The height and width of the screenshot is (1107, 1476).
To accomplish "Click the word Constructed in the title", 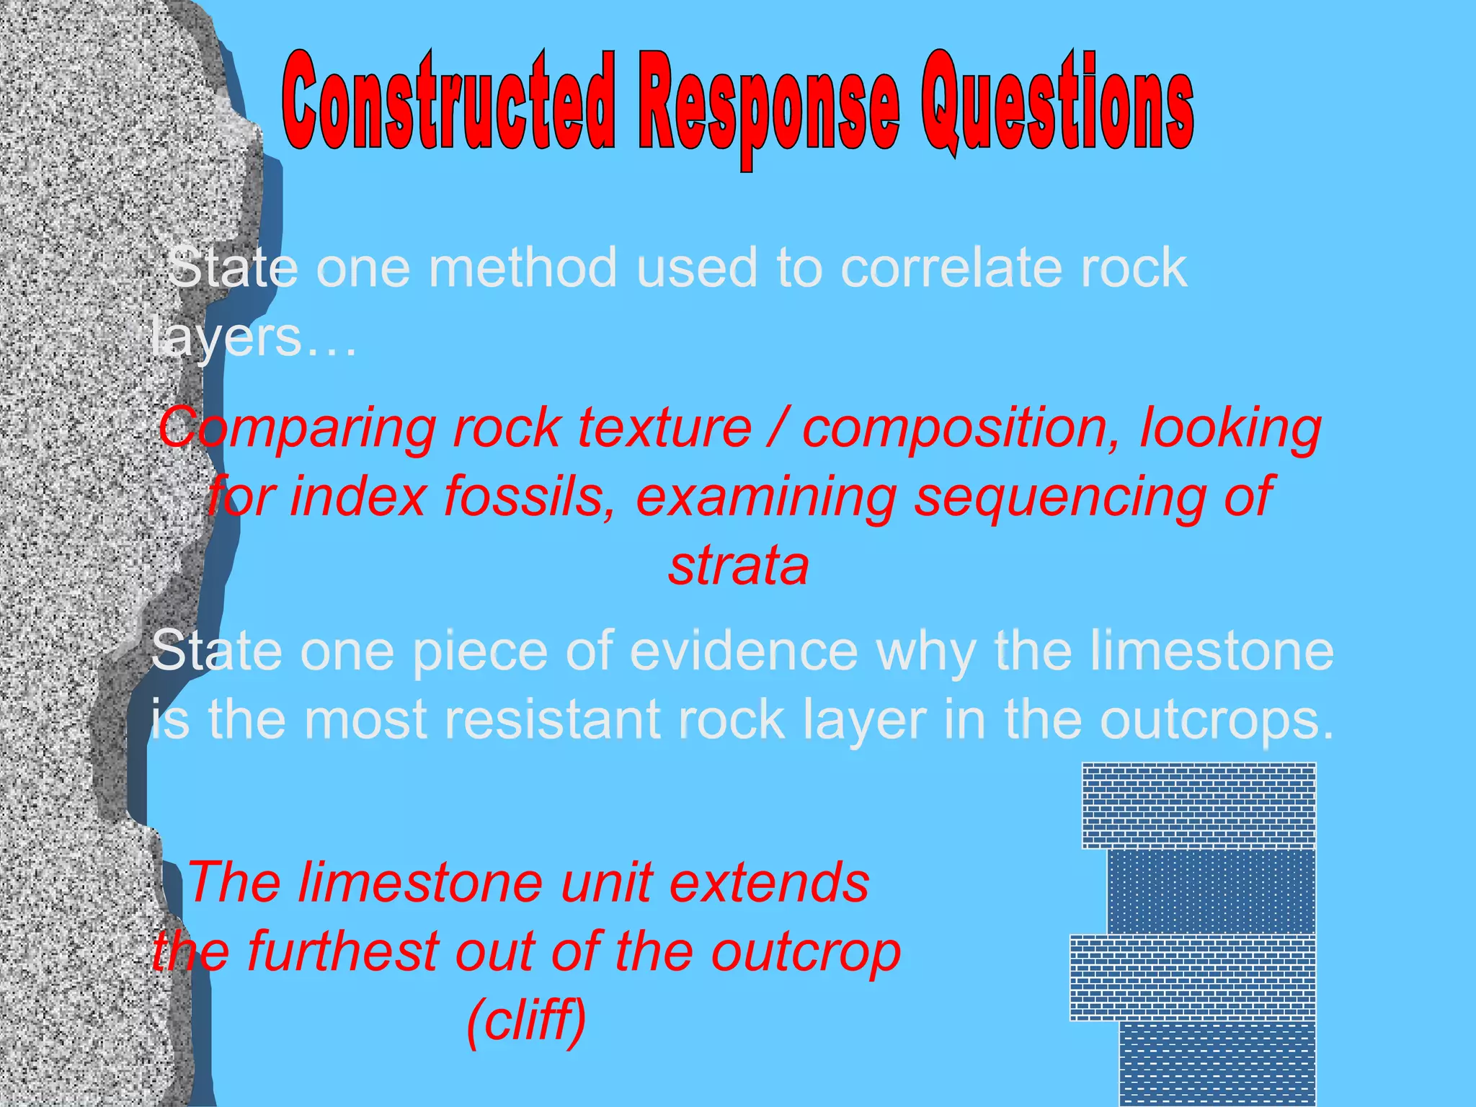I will [x=448, y=101].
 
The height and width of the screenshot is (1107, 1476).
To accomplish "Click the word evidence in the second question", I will [x=744, y=651].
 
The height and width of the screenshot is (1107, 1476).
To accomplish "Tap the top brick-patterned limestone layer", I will [x=1199, y=805].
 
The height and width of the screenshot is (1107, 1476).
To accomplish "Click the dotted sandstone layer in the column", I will [x=1211, y=892].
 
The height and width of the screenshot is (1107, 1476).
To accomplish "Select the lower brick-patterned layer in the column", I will [x=1193, y=977].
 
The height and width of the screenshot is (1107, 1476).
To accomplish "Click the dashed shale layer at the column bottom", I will [x=1217, y=1063].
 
